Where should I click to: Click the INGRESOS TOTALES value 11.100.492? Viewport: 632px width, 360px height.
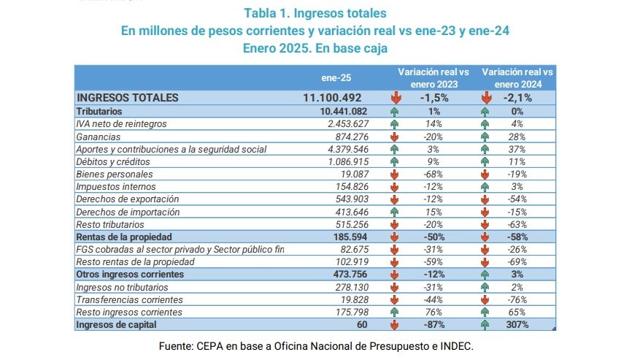332,98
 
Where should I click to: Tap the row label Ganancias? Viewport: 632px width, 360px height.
99,137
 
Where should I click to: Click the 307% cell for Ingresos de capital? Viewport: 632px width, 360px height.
516,324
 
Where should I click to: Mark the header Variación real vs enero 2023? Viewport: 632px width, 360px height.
433,78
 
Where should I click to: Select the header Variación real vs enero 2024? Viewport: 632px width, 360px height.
517,78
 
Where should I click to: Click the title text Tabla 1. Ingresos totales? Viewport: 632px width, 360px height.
315,13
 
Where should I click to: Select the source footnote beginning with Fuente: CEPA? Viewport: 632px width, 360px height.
316,345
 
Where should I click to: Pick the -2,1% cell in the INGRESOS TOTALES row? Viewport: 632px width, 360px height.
516,98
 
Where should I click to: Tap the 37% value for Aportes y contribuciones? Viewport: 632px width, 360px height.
516,149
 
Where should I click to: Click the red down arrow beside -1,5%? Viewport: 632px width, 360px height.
395,98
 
